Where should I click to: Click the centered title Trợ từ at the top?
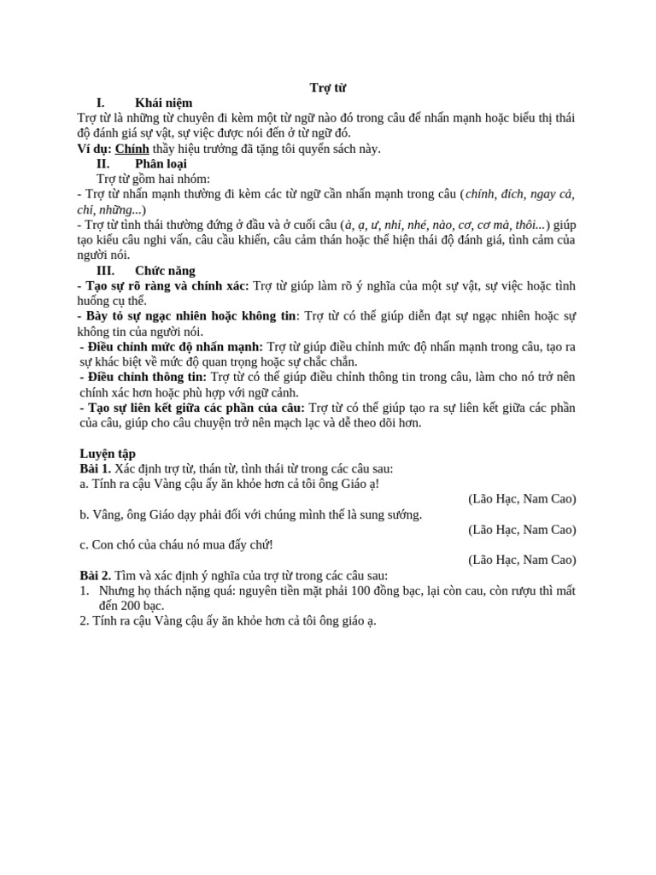click(x=327, y=88)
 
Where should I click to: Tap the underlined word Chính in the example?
click(x=132, y=149)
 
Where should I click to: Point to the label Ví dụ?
click(x=94, y=149)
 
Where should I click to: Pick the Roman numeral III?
click(x=105, y=271)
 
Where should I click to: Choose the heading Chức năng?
click(x=171, y=271)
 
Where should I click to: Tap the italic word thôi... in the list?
click(x=530, y=225)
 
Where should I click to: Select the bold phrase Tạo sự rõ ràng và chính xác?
click(x=165, y=286)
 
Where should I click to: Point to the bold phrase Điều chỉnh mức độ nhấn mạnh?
click(x=173, y=347)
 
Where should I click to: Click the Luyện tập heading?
click(x=107, y=454)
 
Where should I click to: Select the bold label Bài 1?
click(x=94, y=469)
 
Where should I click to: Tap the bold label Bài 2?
click(x=94, y=576)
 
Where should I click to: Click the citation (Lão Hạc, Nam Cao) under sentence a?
click(x=522, y=499)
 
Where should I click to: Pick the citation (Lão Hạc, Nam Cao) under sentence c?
click(x=522, y=561)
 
